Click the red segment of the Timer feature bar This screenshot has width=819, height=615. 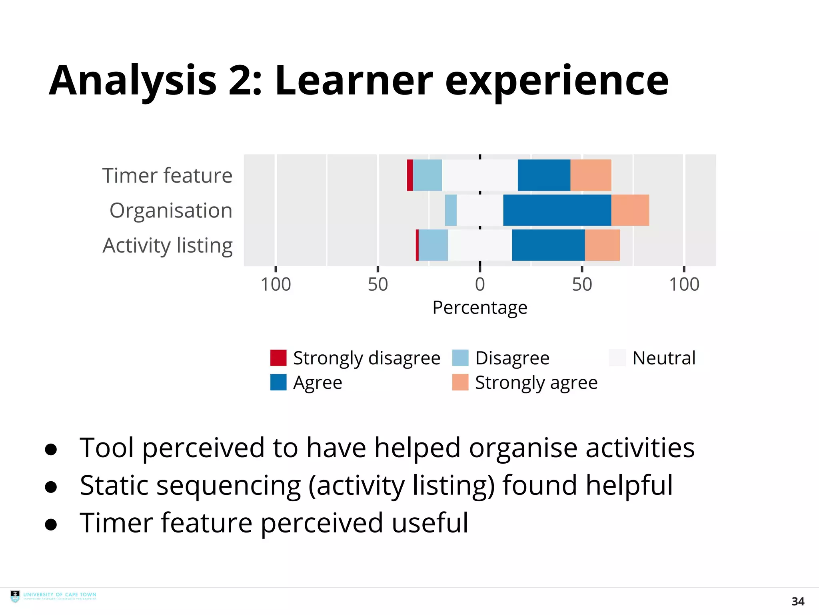(x=410, y=175)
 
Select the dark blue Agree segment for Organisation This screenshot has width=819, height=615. (x=557, y=210)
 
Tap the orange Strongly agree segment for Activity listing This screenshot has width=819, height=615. (x=602, y=245)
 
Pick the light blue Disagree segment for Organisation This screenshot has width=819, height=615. (x=451, y=210)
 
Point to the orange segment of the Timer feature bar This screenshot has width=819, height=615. (x=591, y=175)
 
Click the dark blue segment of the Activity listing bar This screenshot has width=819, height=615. (x=548, y=245)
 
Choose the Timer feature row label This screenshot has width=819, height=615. (x=167, y=176)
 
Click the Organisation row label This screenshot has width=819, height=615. (x=171, y=211)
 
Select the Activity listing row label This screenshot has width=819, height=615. (x=168, y=245)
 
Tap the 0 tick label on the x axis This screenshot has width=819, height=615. (x=480, y=285)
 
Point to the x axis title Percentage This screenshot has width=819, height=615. (x=480, y=308)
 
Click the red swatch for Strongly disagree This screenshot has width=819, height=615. (x=278, y=358)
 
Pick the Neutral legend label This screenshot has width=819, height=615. (x=664, y=358)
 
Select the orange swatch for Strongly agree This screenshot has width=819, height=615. (x=460, y=382)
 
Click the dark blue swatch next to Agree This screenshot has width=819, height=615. (x=278, y=382)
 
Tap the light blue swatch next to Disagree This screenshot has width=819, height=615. (x=460, y=358)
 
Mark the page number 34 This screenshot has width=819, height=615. (x=798, y=601)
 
